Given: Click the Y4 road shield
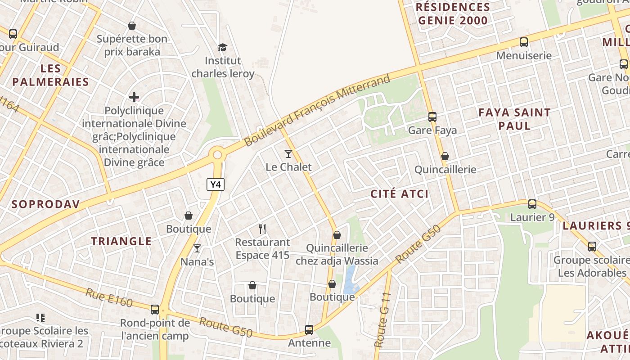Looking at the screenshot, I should [x=216, y=184].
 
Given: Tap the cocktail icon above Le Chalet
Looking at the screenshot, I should [x=288, y=154].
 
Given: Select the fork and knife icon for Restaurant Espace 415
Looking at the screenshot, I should [x=262, y=229].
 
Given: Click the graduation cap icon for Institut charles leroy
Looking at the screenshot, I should [x=222, y=47].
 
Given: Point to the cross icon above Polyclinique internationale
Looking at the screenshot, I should [x=134, y=97].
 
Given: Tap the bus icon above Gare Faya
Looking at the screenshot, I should [x=432, y=117].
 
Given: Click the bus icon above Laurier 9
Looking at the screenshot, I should [x=532, y=204].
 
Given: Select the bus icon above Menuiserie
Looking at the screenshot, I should [x=524, y=42].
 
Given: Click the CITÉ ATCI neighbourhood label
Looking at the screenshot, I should [x=400, y=194].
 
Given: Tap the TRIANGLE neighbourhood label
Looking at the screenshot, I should [x=121, y=241].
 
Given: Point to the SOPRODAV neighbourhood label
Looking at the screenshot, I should [x=46, y=204].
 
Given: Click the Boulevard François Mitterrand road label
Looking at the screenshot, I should [x=317, y=111].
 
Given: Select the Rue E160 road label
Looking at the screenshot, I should [x=109, y=297].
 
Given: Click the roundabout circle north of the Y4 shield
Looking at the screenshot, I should [x=218, y=155].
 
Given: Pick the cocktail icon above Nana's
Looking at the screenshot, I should [x=197, y=248].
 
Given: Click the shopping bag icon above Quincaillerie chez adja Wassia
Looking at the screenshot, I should [x=337, y=235].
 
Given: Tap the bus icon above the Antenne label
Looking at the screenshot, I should [x=309, y=330].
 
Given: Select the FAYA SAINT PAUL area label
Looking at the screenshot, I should [x=514, y=119].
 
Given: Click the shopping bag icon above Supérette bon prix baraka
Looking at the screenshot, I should [x=132, y=26].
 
